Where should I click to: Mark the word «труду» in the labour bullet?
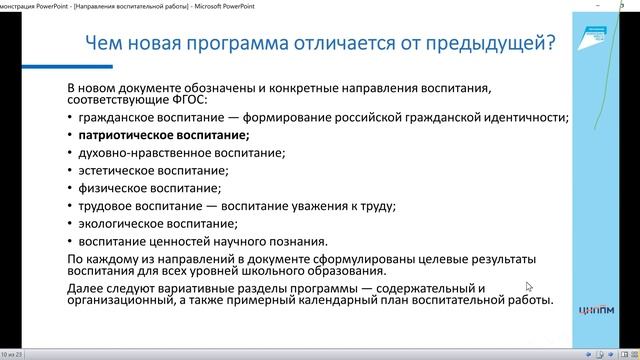pos(372,206)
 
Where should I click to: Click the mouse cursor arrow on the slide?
pos(530,287)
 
